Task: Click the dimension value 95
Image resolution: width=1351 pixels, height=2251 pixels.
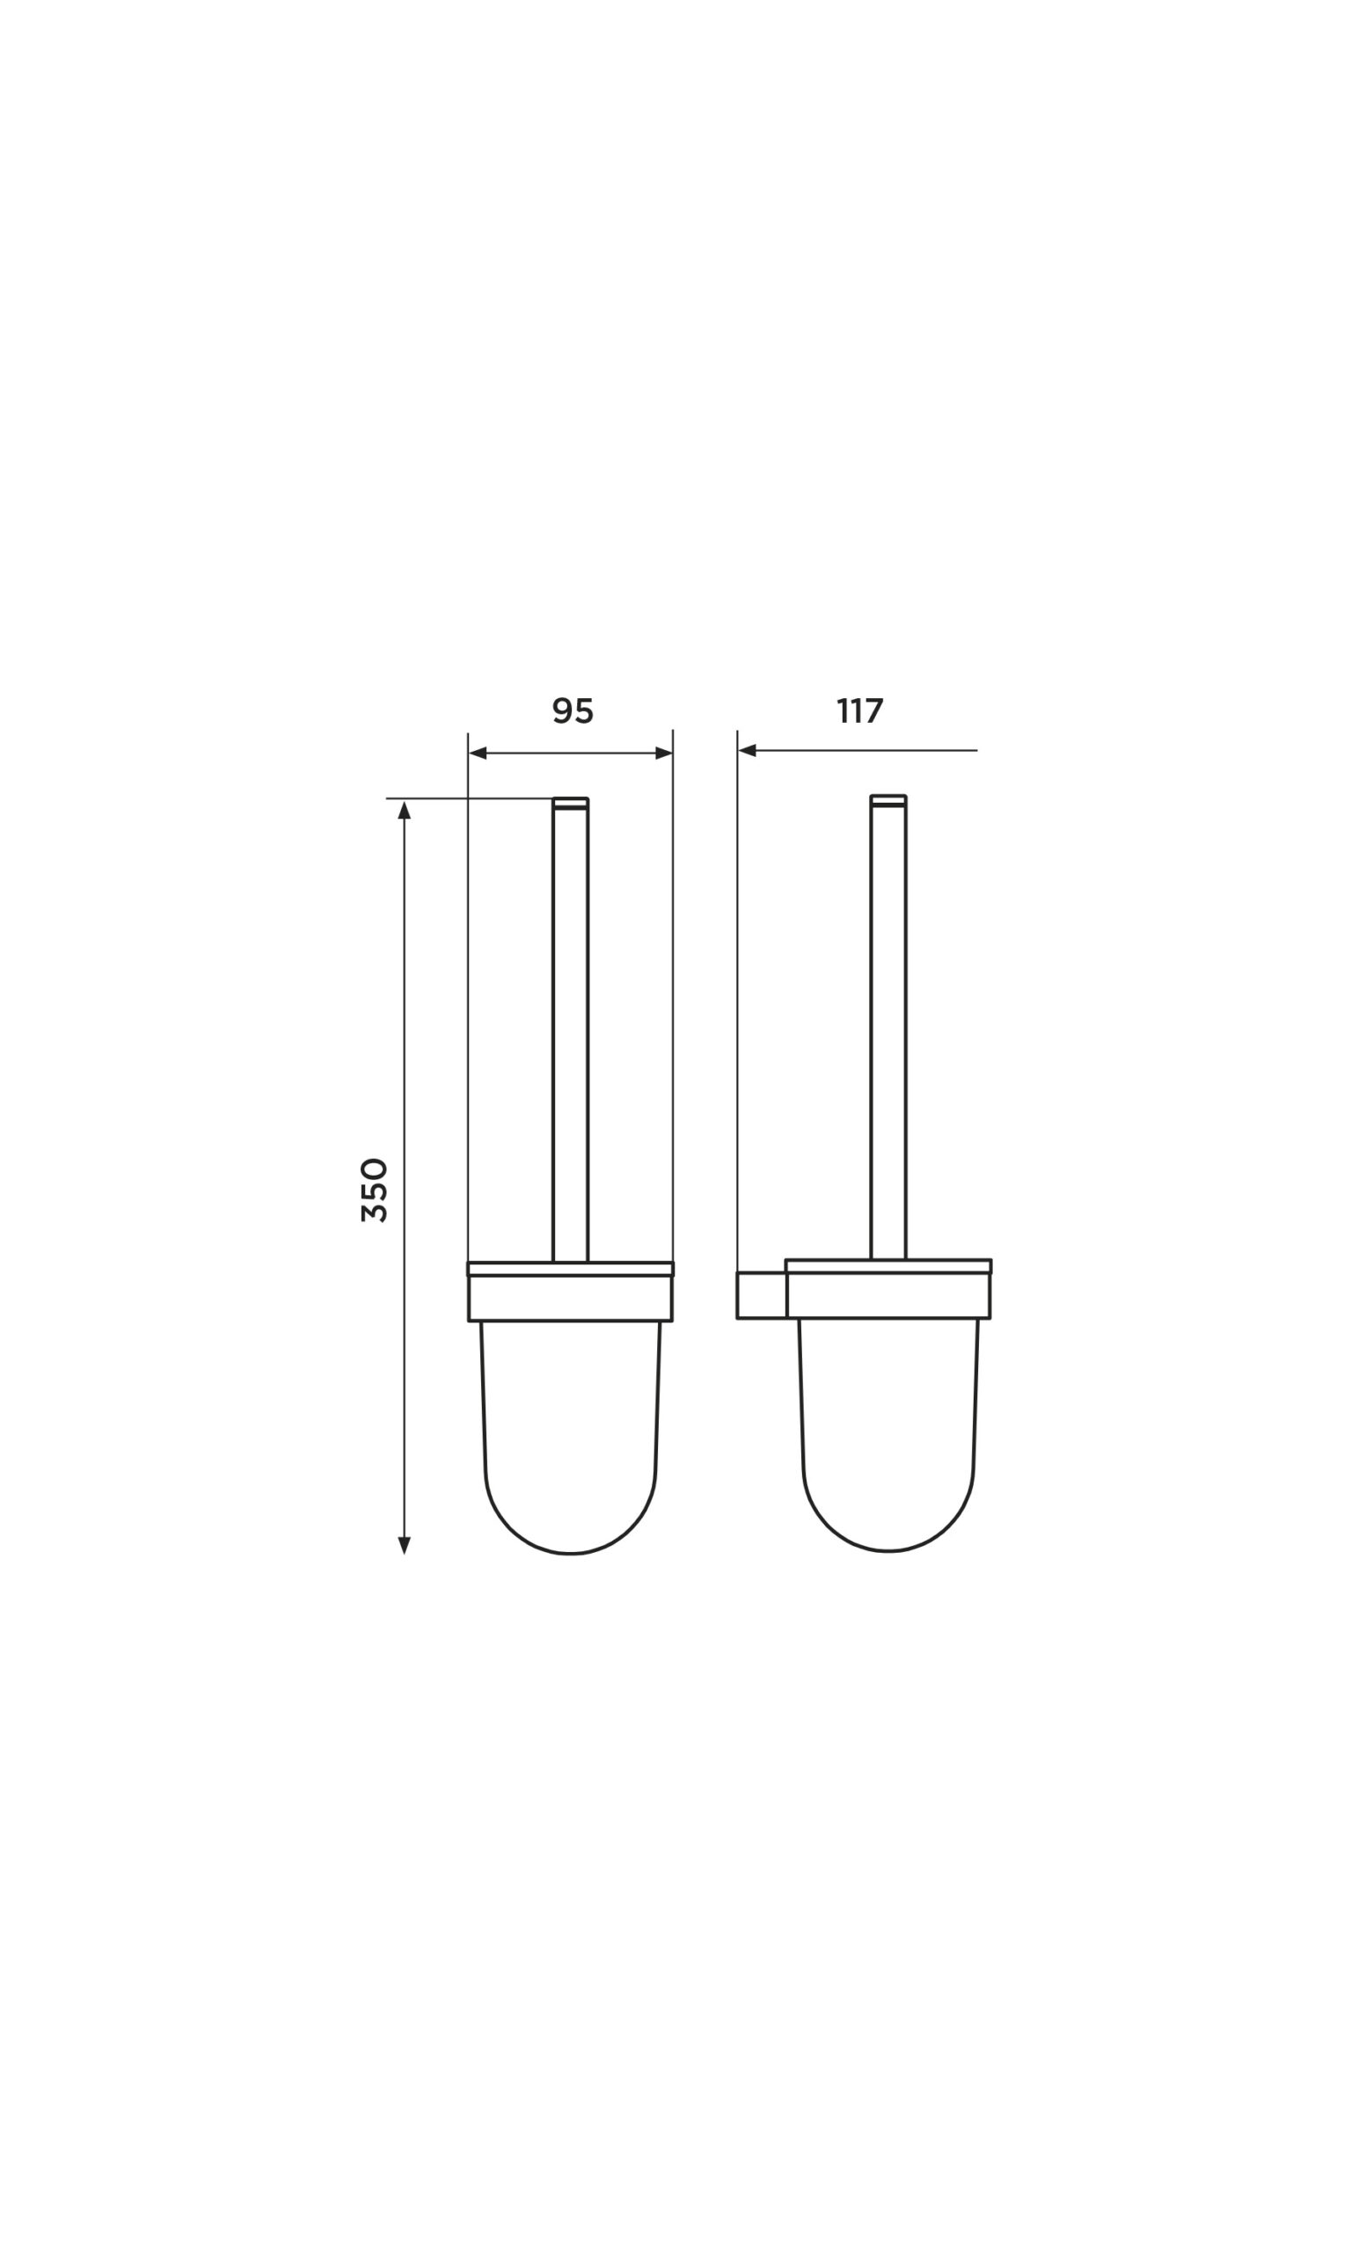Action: point(573,710)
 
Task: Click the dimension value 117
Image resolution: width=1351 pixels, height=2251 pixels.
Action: point(860,710)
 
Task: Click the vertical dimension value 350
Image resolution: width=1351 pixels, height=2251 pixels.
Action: point(374,1190)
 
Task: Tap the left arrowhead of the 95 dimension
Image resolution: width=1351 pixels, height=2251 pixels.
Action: point(478,754)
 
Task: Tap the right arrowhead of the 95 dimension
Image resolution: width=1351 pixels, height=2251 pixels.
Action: point(664,754)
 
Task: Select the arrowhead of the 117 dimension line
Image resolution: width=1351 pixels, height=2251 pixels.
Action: point(748,751)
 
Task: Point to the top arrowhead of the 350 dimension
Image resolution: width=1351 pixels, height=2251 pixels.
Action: point(405,810)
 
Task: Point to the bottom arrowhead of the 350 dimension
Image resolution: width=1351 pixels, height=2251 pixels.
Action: point(405,1546)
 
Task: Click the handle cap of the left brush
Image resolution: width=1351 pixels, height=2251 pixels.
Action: point(571,803)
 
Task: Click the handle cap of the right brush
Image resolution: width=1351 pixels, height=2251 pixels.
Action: point(888,801)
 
